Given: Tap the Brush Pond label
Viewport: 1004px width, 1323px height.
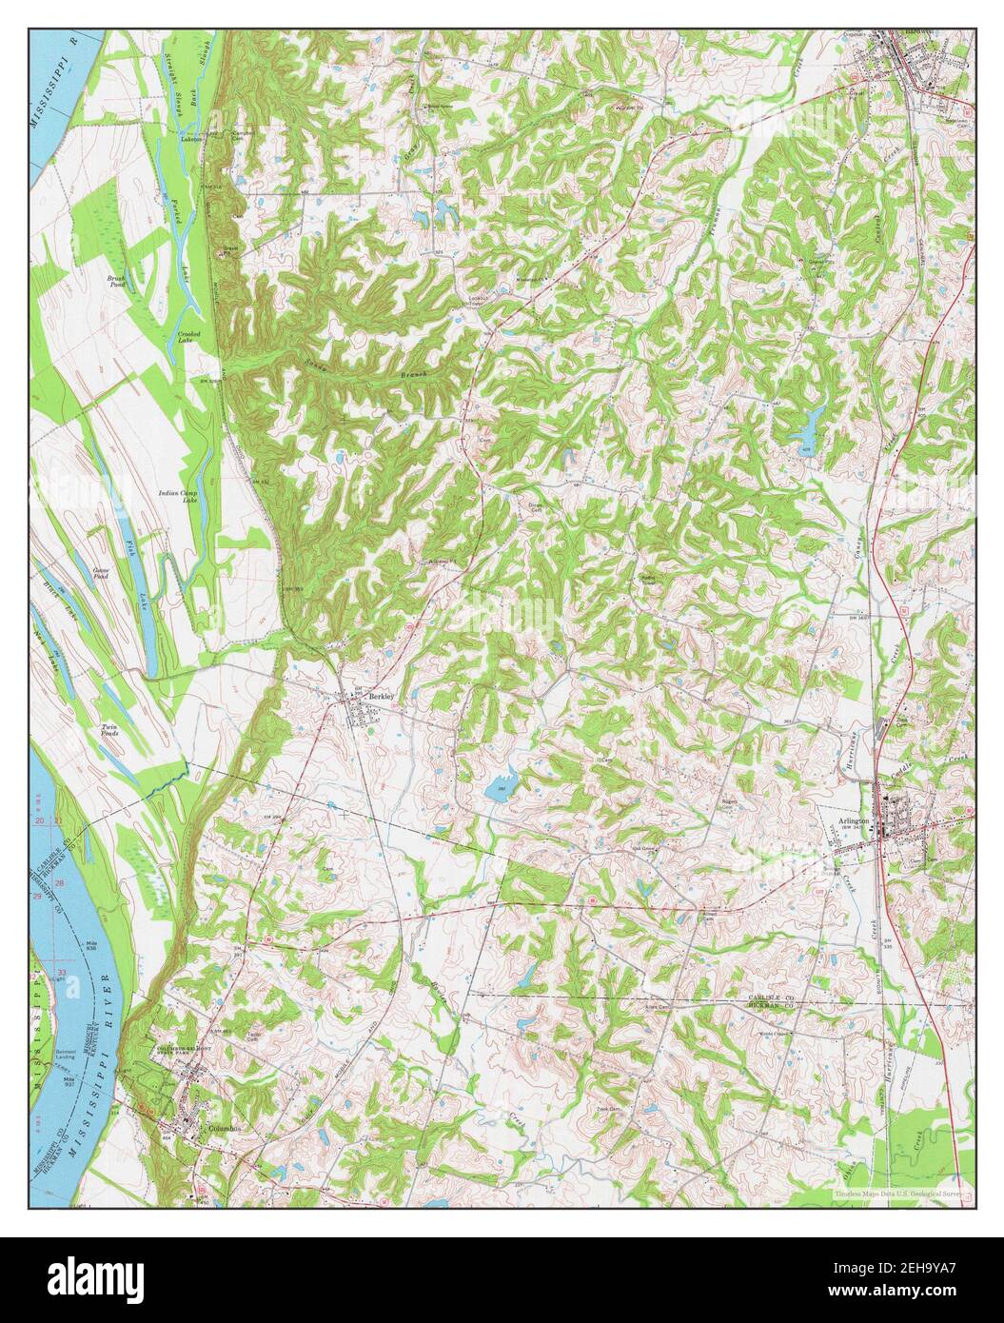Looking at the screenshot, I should pyautogui.click(x=117, y=281).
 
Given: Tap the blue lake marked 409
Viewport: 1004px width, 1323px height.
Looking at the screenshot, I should pyautogui.click(x=809, y=420).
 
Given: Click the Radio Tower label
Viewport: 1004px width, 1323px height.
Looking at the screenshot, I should pyautogui.click(x=649, y=580).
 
